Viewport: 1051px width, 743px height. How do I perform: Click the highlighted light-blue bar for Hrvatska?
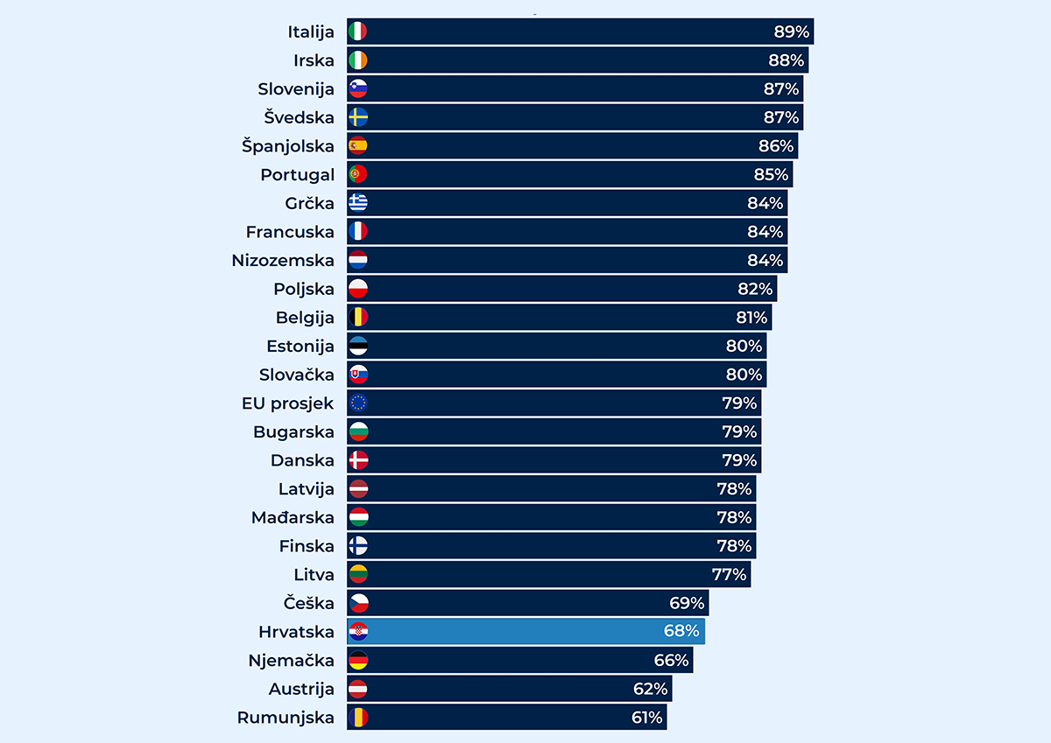[x=525, y=632]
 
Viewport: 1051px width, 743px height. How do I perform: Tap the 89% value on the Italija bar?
[x=791, y=32]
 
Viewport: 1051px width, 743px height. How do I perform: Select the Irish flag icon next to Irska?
[x=358, y=60]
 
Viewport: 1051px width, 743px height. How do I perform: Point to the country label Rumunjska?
[x=286, y=718]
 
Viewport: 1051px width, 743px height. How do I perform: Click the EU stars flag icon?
[x=358, y=403]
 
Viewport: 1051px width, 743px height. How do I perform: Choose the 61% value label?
[x=647, y=718]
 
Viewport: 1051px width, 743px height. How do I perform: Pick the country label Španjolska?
[x=288, y=146]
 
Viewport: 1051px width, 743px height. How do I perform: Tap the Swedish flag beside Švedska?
[x=358, y=117]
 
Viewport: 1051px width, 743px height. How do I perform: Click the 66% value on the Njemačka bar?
[x=672, y=660]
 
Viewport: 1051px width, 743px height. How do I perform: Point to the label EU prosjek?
[x=288, y=403]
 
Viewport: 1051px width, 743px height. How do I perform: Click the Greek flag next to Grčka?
[x=358, y=203]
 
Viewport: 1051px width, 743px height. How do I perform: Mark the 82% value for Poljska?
[x=755, y=289]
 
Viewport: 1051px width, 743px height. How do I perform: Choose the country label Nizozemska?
[x=283, y=261]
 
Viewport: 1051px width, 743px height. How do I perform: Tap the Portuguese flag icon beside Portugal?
[x=358, y=174]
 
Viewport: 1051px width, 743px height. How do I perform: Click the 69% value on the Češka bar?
[x=687, y=603]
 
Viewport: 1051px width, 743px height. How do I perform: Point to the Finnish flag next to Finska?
[x=358, y=546]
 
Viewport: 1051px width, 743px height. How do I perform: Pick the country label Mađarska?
[x=293, y=517]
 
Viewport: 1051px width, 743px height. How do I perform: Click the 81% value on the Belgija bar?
[x=751, y=318]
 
